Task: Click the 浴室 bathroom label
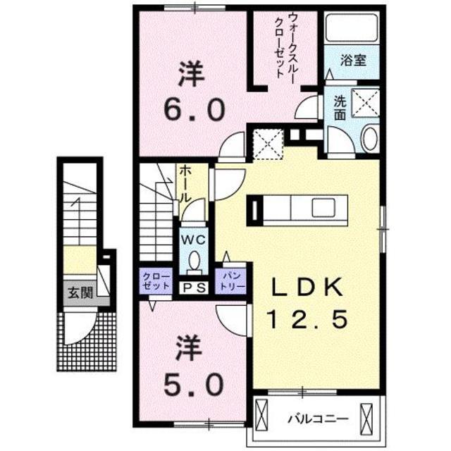tap(353, 60)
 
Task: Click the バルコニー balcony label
tap(317, 418)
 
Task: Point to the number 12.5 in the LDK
tap(307, 321)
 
